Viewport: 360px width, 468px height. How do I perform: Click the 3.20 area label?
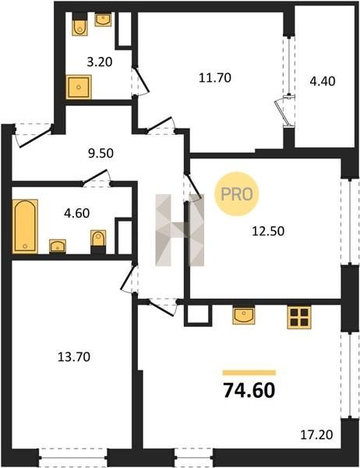click(x=100, y=62)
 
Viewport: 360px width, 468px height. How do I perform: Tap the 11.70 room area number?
click(x=215, y=78)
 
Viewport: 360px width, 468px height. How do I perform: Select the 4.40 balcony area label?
click(x=323, y=81)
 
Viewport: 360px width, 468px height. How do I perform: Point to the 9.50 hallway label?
click(x=101, y=154)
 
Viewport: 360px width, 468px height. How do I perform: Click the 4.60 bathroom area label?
click(x=76, y=214)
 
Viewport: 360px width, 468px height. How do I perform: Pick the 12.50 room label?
click(x=268, y=232)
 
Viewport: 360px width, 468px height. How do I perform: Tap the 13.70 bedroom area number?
click(x=74, y=356)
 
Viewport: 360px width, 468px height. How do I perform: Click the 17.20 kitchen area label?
click(x=316, y=434)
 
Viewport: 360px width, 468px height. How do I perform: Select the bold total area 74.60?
click(x=249, y=391)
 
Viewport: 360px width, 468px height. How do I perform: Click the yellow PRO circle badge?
click(x=237, y=194)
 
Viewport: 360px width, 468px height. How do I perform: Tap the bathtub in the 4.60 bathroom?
click(x=25, y=226)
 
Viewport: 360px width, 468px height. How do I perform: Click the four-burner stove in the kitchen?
click(x=299, y=317)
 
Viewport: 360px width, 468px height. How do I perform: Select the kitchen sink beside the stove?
click(x=244, y=315)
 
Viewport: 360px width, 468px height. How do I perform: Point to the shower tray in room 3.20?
click(x=79, y=87)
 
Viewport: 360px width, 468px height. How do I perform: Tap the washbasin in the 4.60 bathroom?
click(x=58, y=246)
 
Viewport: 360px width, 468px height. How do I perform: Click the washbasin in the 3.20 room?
click(x=103, y=19)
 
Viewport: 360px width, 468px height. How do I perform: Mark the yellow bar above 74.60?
click(x=249, y=373)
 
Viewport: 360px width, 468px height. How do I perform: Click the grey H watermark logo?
click(x=180, y=230)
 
